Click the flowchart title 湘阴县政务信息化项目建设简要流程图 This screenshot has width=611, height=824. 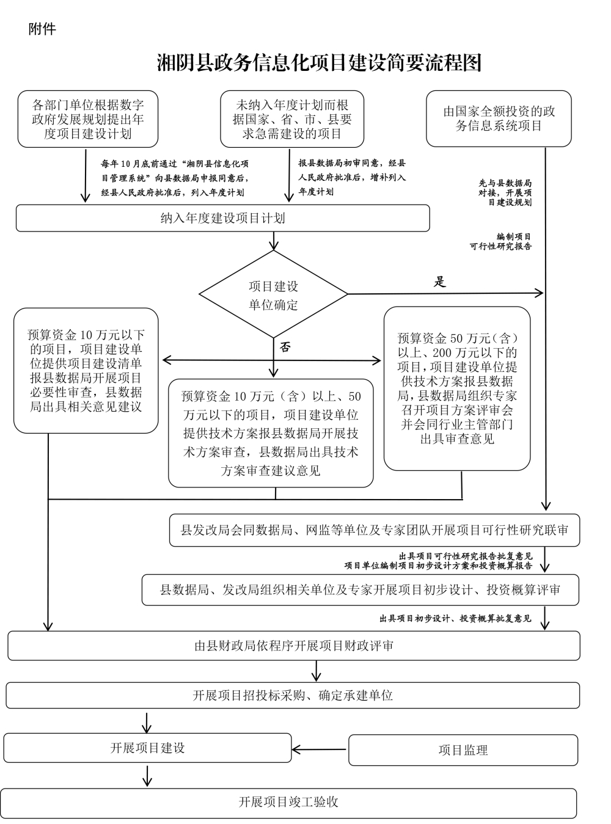point(320,62)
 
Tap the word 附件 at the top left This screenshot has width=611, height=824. point(42,29)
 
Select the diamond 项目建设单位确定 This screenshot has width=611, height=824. point(273,295)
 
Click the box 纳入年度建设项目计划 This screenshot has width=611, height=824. point(222,218)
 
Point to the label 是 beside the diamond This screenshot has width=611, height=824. point(440,282)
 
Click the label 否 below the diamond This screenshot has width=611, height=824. point(285,348)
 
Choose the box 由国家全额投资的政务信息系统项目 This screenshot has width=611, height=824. point(499,118)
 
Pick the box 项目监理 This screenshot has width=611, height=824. point(463,749)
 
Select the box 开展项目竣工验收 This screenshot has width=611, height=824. point(288,802)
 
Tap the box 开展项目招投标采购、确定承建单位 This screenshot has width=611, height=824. point(293,695)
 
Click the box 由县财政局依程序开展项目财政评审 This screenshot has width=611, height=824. point(293,646)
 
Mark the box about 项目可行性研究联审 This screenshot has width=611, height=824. point(374,530)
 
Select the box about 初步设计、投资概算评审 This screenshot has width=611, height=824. point(360,589)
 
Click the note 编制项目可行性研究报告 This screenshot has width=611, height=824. point(500,241)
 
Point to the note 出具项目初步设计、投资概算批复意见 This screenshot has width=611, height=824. point(455,618)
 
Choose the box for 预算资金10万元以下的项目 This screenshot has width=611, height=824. point(86,371)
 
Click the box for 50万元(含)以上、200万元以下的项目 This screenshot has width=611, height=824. point(456,388)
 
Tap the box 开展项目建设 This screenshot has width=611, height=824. point(147,748)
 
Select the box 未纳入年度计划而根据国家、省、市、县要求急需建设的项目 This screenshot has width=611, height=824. point(292,119)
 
